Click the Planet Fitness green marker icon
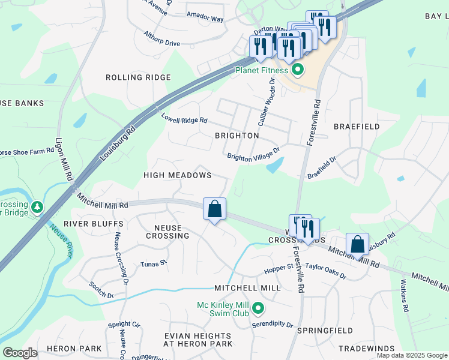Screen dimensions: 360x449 click(x=297, y=71)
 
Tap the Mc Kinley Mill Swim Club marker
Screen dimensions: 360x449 click(x=258, y=310)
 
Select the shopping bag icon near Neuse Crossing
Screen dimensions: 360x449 click(x=214, y=209)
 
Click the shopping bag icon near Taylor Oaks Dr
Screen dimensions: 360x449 click(x=357, y=244)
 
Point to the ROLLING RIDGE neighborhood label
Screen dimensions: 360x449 click(x=138, y=77)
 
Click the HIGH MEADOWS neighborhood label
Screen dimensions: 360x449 click(x=177, y=175)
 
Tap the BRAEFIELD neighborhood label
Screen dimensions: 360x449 click(x=357, y=127)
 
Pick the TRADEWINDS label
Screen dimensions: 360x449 click(x=366, y=349)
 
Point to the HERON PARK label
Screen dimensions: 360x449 click(x=74, y=349)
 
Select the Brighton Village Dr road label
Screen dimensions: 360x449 click(x=253, y=154)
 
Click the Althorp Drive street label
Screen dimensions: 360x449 click(x=161, y=39)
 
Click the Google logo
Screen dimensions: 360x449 click(x=20, y=353)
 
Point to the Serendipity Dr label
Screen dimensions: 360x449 click(x=273, y=325)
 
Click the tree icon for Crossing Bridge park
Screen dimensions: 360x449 click(x=37, y=207)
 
